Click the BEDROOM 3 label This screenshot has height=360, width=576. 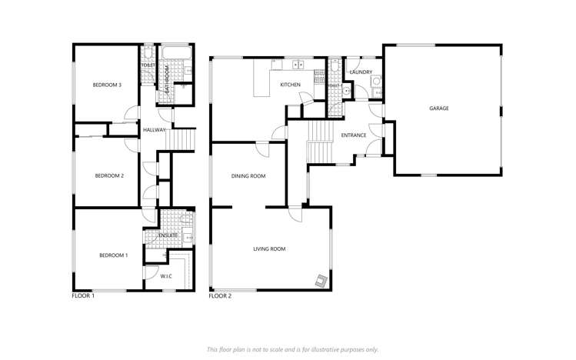pyautogui.click(x=108, y=85)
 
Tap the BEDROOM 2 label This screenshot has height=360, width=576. pyautogui.click(x=108, y=175)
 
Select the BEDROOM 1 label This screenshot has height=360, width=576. pyautogui.click(x=113, y=255)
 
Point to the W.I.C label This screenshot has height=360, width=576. pyautogui.click(x=166, y=277)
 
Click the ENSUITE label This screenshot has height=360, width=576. pyautogui.click(x=168, y=235)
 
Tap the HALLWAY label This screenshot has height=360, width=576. pyautogui.click(x=154, y=130)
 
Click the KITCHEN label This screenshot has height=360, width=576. pyautogui.click(x=290, y=85)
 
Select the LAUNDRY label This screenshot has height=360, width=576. pyautogui.click(x=361, y=72)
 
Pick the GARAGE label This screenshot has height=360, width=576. pyautogui.click(x=439, y=108)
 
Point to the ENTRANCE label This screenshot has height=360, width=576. pyautogui.click(x=354, y=135)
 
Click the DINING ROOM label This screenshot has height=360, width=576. pyautogui.click(x=248, y=176)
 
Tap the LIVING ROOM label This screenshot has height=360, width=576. pyautogui.click(x=270, y=248)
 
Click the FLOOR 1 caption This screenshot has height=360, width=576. pyautogui.click(x=83, y=295)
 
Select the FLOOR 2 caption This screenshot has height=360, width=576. pyautogui.click(x=221, y=295)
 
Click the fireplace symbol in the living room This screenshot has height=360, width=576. pyautogui.click(x=319, y=280)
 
